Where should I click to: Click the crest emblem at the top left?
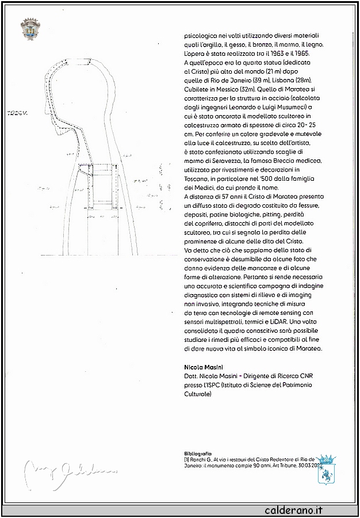click(30, 28)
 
